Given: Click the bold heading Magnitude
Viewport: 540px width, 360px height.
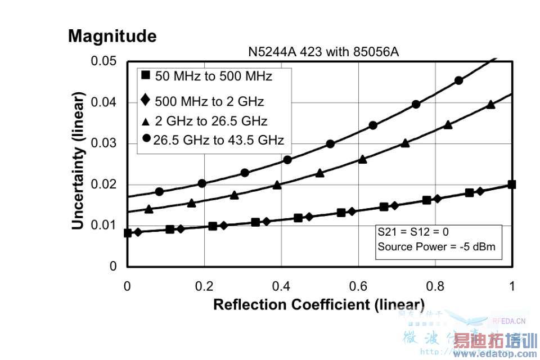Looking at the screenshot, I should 112,37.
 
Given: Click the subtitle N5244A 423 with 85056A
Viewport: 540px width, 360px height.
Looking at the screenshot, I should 323,52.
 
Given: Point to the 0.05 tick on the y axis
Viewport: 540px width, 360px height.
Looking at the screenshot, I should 104,61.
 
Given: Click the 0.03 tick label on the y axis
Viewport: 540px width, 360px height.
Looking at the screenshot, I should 104,143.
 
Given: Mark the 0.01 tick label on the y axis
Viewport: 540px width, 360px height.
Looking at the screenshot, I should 104,226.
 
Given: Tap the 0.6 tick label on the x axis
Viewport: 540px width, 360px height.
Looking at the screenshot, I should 358,286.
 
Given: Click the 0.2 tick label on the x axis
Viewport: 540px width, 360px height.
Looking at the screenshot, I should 204,286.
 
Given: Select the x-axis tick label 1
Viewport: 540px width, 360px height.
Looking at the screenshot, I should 511,286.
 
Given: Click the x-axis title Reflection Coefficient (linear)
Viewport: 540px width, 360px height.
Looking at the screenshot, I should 319,305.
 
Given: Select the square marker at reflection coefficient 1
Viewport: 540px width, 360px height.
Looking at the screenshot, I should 512,184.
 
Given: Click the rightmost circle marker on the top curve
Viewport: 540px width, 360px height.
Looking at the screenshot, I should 459,80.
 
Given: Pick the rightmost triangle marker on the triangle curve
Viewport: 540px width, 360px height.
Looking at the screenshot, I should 490,105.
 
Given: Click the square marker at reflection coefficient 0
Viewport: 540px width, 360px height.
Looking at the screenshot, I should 128,233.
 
